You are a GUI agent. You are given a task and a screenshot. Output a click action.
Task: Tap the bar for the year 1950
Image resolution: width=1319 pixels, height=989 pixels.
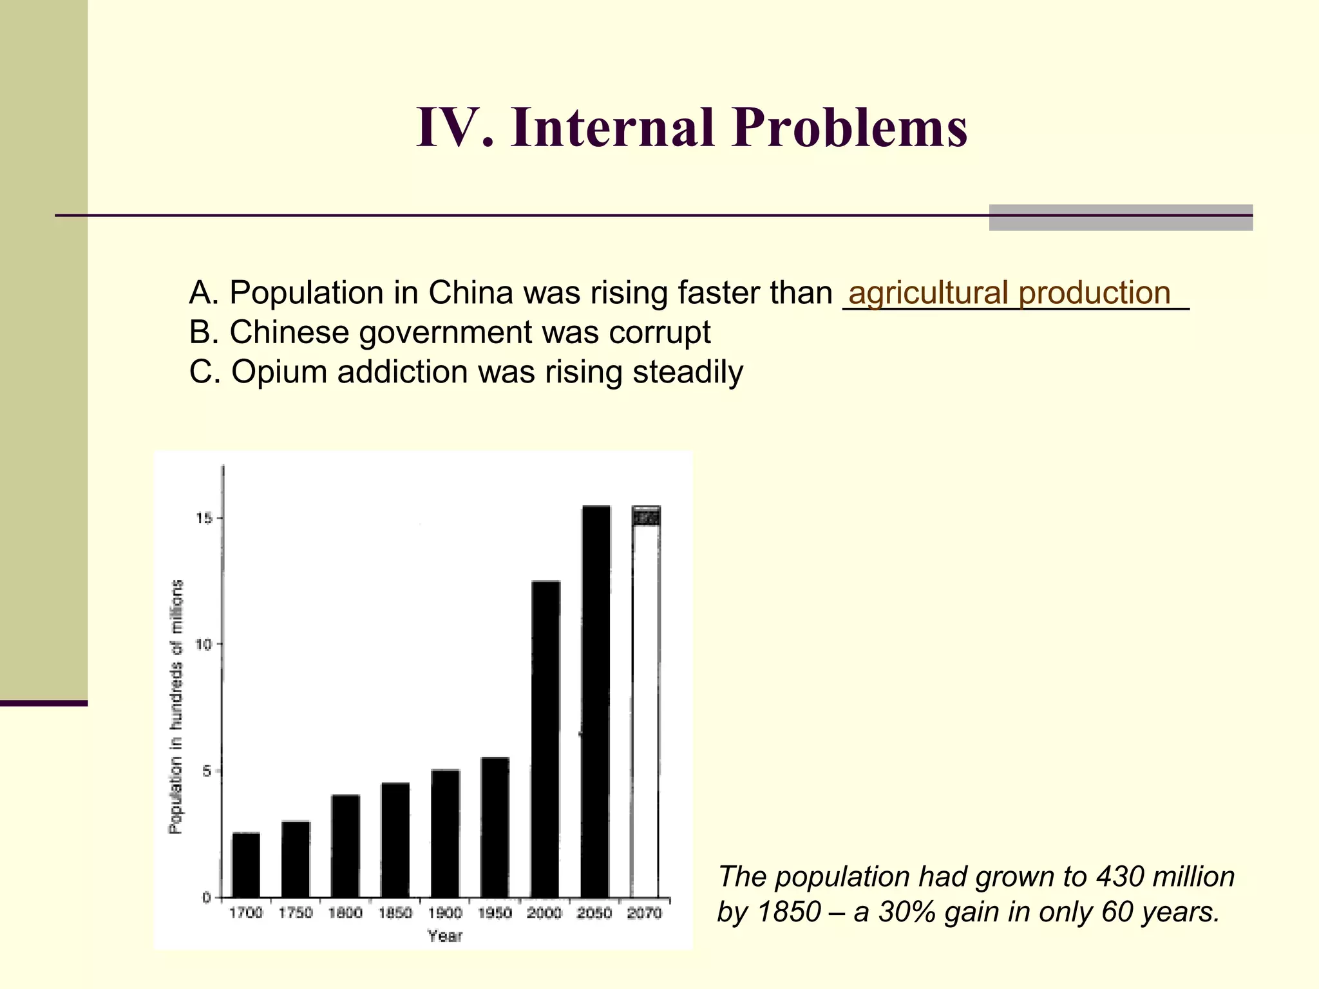tap(495, 827)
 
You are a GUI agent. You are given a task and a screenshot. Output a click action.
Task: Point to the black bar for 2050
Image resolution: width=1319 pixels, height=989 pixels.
tap(595, 701)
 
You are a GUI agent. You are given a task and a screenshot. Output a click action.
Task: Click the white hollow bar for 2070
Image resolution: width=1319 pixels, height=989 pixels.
tap(645, 708)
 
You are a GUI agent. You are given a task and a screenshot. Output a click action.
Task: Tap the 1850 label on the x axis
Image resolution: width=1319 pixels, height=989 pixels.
tap(395, 913)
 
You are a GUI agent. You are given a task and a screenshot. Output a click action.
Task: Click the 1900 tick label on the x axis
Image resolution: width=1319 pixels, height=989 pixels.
tap(445, 913)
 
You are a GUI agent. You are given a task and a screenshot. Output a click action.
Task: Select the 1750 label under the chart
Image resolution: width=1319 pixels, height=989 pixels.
tap(296, 913)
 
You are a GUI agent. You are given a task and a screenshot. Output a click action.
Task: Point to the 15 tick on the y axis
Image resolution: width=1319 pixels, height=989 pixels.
tap(204, 518)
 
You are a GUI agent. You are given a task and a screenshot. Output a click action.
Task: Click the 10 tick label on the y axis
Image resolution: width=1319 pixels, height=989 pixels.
tap(204, 645)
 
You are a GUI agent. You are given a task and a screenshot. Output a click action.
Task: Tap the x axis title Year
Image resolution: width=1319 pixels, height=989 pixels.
tap(445, 936)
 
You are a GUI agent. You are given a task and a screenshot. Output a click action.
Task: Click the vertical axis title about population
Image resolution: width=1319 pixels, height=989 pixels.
tap(176, 706)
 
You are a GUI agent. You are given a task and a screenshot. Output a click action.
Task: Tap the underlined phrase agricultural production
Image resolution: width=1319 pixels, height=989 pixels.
tap(1009, 293)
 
